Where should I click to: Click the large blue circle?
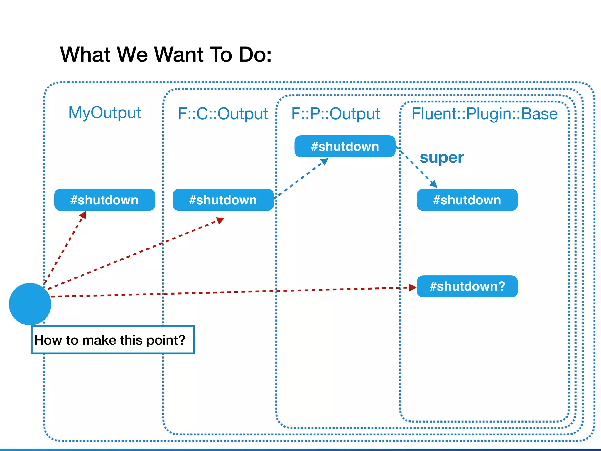(x=30, y=304)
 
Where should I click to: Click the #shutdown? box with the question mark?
(x=467, y=286)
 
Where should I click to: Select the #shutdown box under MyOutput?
(x=104, y=200)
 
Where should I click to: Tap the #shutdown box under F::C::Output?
(x=223, y=200)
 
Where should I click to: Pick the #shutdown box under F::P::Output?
(x=345, y=146)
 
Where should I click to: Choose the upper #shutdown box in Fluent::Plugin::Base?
(x=467, y=200)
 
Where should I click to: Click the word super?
(x=442, y=158)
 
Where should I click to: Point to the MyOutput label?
(x=104, y=112)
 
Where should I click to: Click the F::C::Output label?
(x=223, y=114)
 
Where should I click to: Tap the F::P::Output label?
(x=335, y=114)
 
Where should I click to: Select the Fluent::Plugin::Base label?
(x=484, y=114)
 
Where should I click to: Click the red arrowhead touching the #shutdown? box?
(x=413, y=287)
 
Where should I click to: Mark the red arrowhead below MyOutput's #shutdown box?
(x=83, y=215)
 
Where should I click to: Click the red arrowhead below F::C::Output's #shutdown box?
(x=220, y=220)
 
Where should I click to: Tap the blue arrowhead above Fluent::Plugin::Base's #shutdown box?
(x=434, y=184)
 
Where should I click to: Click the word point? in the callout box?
(x=166, y=340)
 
